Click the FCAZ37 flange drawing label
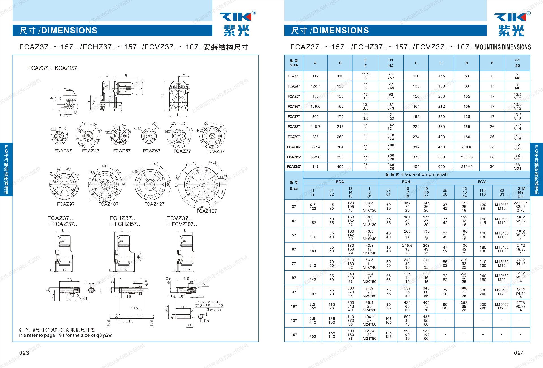click(x=63, y=151)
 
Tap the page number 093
click(x=24, y=353)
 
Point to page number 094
click(x=519, y=353)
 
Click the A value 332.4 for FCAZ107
click(x=315, y=147)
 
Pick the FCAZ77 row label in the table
click(x=294, y=116)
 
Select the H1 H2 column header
click(x=391, y=63)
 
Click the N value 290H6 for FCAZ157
click(x=467, y=167)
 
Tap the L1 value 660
click(x=441, y=167)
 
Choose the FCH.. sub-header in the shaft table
click(x=407, y=182)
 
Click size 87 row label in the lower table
click(x=294, y=278)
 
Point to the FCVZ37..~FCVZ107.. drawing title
click(x=182, y=221)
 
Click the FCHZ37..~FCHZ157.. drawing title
click(x=124, y=221)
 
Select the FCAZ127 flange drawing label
click(x=154, y=204)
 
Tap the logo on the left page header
click(x=237, y=24)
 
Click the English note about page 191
click(x=65, y=335)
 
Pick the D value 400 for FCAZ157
click(x=340, y=167)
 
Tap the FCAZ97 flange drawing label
click(x=66, y=204)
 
